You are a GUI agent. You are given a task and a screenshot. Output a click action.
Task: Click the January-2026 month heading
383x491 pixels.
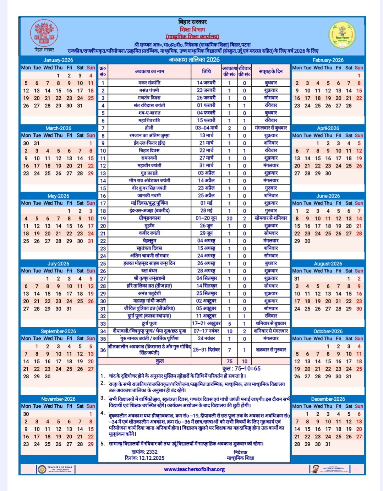click(58, 60)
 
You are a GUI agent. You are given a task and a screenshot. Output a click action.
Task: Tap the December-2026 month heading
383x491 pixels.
click(328, 399)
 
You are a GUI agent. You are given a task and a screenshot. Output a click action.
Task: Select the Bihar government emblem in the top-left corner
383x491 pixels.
click(44, 33)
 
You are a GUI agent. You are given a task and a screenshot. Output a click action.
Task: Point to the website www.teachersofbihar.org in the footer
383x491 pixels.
click(194, 469)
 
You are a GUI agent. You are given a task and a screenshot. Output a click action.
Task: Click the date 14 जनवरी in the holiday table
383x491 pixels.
click(206, 82)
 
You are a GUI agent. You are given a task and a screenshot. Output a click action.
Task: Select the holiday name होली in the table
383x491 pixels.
click(149, 128)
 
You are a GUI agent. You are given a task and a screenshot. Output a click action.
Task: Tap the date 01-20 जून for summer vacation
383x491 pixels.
click(206, 218)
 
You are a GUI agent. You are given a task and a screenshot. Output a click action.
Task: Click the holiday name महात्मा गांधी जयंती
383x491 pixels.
click(149, 301)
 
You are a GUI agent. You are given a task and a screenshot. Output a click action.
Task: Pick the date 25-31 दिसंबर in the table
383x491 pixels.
click(206, 349)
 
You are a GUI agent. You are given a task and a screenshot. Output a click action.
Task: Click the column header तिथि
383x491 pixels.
click(206, 71)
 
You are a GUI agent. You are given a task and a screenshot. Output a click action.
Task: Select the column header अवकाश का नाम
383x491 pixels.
click(149, 71)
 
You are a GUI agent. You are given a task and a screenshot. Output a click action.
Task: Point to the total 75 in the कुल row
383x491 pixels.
click(229, 361)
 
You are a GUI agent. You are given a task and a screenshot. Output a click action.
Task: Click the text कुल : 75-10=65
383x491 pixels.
click(241, 369)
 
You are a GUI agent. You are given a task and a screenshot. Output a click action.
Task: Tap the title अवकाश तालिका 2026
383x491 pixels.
click(194, 60)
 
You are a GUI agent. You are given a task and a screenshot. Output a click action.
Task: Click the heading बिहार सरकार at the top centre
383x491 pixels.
click(192, 22)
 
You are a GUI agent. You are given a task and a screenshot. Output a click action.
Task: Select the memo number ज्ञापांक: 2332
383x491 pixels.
click(144, 452)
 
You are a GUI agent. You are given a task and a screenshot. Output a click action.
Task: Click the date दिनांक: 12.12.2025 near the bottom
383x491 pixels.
click(144, 458)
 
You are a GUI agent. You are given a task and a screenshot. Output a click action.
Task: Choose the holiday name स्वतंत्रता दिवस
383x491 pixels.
click(149, 248)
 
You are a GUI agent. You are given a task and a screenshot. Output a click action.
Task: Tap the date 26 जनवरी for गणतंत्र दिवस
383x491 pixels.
click(206, 98)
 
